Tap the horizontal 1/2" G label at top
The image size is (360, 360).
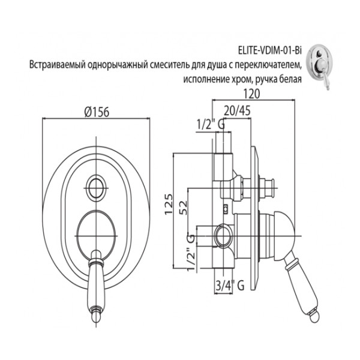click(x=211, y=125)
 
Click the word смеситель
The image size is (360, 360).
click(x=169, y=65)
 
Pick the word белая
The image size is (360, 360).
click(x=298, y=77)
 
